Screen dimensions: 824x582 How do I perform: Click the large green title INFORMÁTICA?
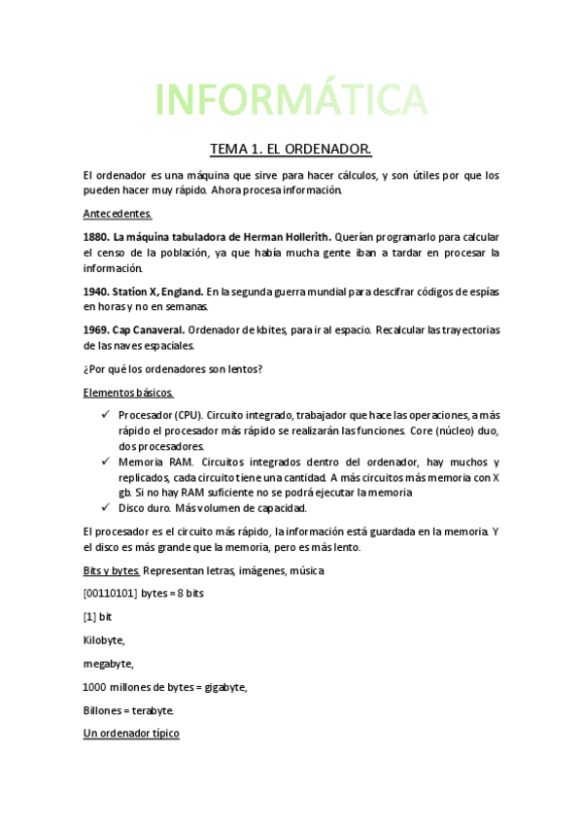pyautogui.click(x=291, y=99)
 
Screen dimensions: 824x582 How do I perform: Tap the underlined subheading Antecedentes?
pyautogui.click(x=118, y=213)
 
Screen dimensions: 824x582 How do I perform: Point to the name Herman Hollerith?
pyautogui.click(x=288, y=237)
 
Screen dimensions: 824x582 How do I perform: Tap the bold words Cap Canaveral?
pyautogui.click(x=149, y=330)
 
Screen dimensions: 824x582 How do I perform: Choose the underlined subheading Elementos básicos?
pyautogui.click(x=128, y=393)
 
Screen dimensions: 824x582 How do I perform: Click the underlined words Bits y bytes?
pyautogui.click(x=112, y=569)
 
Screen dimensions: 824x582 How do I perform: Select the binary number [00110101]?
pyautogui.click(x=110, y=593)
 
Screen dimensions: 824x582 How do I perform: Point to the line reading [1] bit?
pyautogui.click(x=98, y=616)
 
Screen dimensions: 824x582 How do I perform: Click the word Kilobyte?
pyautogui.click(x=105, y=639)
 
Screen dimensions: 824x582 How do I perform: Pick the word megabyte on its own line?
pyautogui.click(x=109, y=664)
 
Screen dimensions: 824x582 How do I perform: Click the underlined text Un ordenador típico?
pyautogui.click(x=131, y=734)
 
